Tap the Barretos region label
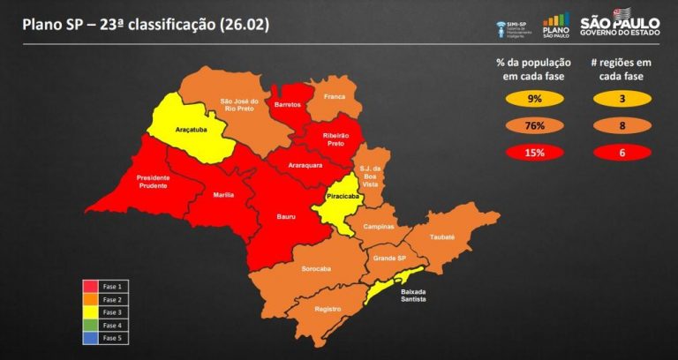point(288,104)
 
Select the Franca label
point(334,95)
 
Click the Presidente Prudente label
point(160,183)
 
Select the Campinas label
point(379,227)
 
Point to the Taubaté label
point(442,237)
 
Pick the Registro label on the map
point(327,309)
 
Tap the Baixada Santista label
point(413,296)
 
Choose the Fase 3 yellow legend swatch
point(90,312)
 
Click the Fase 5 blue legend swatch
point(90,338)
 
